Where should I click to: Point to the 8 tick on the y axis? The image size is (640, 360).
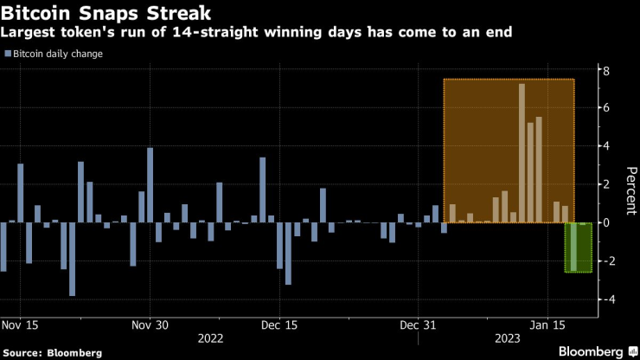pos(607,70)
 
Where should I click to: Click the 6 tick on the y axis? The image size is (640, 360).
pos(607,108)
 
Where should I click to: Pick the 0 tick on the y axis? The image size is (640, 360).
pos(607,222)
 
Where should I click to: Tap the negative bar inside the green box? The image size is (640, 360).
pos(573,247)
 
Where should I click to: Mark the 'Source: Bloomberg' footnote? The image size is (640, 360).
pos(52,353)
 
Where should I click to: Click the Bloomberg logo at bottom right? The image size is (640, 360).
pos(592,351)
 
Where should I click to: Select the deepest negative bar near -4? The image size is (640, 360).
pos(72,259)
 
